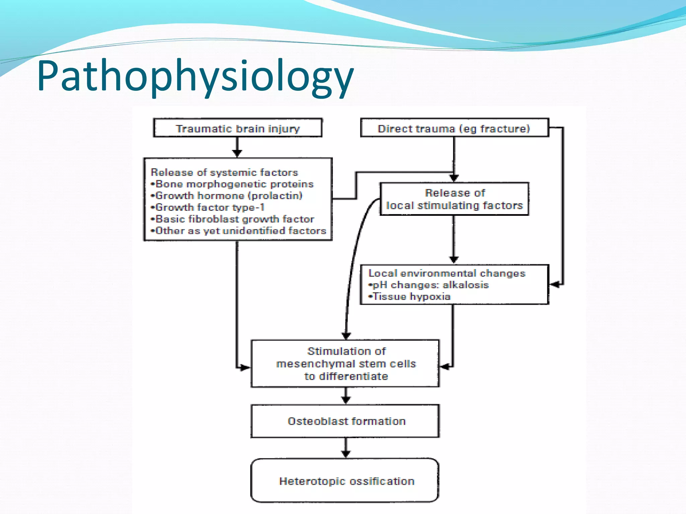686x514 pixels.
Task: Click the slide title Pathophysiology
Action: coord(195,76)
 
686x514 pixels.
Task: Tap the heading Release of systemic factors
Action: coord(224,172)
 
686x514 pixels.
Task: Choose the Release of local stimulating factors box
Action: coord(454,199)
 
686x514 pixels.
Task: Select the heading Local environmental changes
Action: coord(447,273)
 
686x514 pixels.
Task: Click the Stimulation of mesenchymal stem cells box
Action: coord(346,364)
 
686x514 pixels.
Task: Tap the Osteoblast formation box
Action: coord(346,421)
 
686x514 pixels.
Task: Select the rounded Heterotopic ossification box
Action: coord(346,481)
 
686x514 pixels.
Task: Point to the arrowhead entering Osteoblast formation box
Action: coord(346,400)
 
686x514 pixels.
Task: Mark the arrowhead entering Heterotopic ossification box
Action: coord(346,454)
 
